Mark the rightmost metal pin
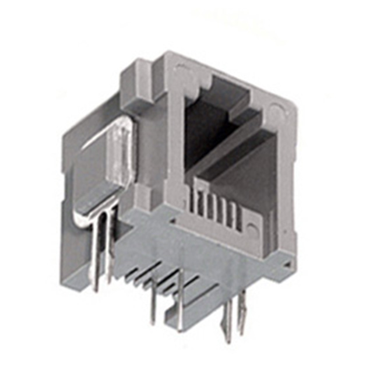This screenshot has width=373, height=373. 242,312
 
